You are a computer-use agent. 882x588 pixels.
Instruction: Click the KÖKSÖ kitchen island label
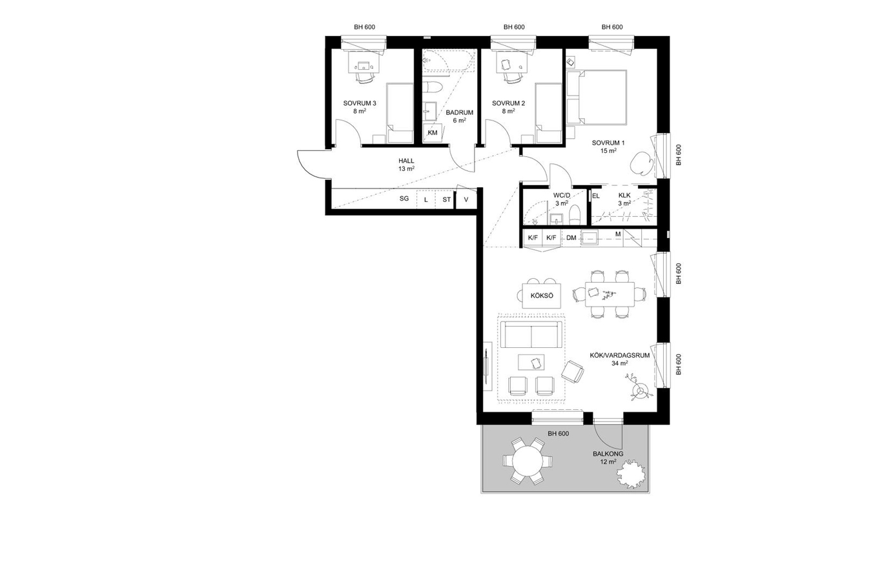coord(542,296)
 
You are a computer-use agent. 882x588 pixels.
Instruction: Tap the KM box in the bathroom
coord(433,133)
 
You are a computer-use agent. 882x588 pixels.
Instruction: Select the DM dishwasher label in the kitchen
coord(571,238)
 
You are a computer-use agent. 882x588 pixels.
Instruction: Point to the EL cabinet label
coord(596,196)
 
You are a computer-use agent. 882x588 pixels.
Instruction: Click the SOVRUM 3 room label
coord(360,103)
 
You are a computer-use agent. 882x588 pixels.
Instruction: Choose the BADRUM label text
coord(460,112)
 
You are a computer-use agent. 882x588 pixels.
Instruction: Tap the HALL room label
coord(406,161)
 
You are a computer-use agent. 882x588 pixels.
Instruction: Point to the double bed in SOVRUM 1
coord(596,97)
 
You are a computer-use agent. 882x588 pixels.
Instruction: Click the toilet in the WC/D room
coord(575,214)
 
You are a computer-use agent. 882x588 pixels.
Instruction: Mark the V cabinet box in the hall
coord(466,199)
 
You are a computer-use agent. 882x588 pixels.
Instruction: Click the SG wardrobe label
coord(404,199)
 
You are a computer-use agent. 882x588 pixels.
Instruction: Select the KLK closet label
coord(624,195)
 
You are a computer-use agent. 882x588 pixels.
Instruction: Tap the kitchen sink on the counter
coord(590,238)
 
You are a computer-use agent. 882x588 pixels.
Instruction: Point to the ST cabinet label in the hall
coord(447,199)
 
